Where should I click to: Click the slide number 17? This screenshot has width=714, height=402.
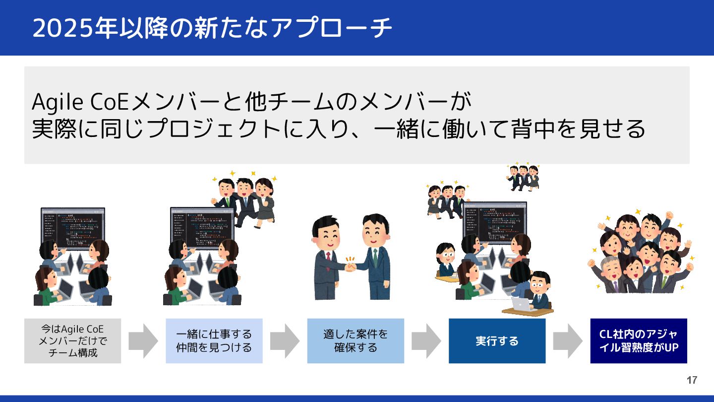click(x=692, y=381)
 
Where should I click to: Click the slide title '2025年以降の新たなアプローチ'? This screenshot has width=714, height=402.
click(x=212, y=28)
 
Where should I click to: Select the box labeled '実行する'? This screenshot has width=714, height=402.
click(x=497, y=341)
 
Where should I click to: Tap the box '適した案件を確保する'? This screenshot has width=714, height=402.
click(x=356, y=341)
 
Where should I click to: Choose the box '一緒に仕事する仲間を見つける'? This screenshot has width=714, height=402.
click(x=214, y=341)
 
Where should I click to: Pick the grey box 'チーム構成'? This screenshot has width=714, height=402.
click(x=72, y=341)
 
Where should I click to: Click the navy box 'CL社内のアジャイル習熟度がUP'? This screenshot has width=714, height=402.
click(x=639, y=341)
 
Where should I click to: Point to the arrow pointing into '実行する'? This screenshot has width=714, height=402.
click(x=426, y=341)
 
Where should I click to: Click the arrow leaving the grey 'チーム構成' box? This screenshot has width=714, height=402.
click(x=143, y=341)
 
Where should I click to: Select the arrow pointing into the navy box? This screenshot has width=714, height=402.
click(x=568, y=341)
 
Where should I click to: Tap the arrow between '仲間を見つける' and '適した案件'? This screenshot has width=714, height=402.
click(x=285, y=341)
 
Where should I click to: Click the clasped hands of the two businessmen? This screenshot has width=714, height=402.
click(x=351, y=267)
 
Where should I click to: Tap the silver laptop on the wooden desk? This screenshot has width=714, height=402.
click(x=521, y=304)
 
